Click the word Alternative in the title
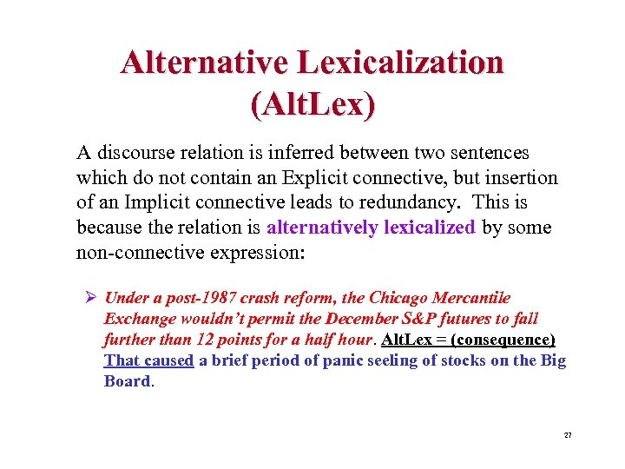(x=205, y=63)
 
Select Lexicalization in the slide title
(x=400, y=63)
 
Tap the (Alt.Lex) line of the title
(x=312, y=104)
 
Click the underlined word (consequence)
(x=503, y=340)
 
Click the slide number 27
(x=569, y=434)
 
